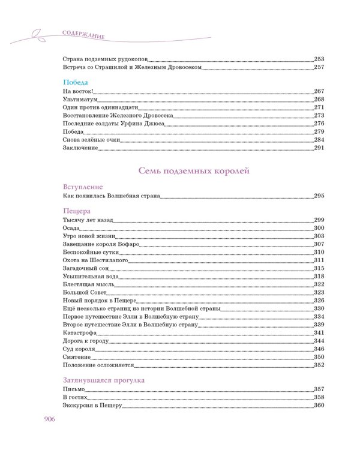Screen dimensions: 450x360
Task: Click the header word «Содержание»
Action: [x=83, y=34]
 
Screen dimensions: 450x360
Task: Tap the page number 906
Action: [x=49, y=419]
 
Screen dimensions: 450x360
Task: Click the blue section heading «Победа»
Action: [x=76, y=82]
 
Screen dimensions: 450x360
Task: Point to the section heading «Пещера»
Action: [x=76, y=211]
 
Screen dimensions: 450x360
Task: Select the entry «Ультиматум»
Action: [x=80, y=99]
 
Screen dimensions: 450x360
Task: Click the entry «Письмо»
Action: [x=74, y=389]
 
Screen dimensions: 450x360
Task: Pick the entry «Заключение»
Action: [x=81, y=148]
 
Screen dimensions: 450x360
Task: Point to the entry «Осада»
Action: [x=71, y=228]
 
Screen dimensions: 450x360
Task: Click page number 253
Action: [x=319, y=59]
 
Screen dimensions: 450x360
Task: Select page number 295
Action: [x=319, y=196]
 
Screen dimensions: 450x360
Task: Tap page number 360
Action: [x=319, y=406]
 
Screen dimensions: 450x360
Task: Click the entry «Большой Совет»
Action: [x=83, y=292]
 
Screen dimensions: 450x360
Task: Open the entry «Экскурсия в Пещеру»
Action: [x=92, y=406]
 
